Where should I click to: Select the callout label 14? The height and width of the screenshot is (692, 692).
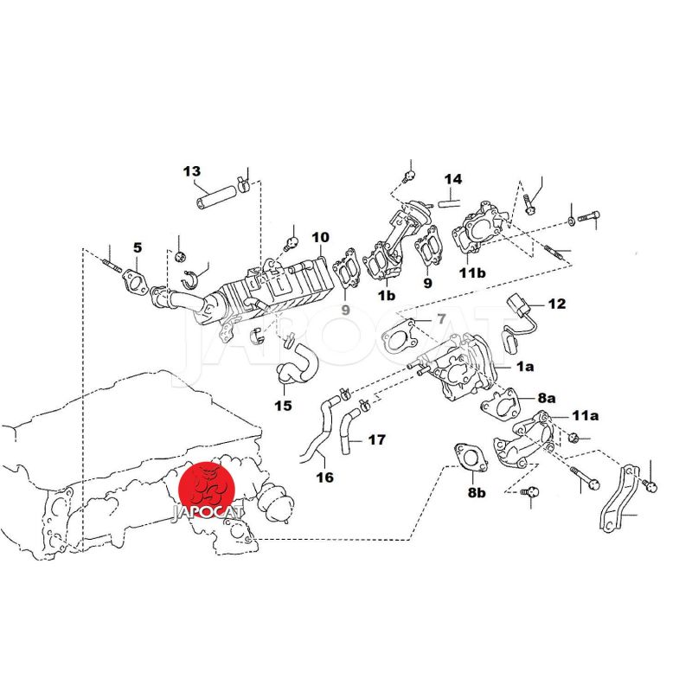[453, 179]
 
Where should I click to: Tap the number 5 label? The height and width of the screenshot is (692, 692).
[137, 247]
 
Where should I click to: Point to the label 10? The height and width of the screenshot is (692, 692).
[321, 237]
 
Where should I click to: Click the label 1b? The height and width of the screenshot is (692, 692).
[386, 295]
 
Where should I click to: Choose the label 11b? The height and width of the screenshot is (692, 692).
[472, 273]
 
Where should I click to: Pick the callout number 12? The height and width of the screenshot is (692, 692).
[555, 304]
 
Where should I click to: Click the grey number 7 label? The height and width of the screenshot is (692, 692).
[440, 319]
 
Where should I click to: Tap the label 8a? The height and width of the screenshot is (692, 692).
[546, 398]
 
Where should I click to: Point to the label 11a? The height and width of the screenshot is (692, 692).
[584, 416]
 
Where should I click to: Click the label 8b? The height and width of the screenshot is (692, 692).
[477, 492]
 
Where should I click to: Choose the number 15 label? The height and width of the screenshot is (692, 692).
[283, 405]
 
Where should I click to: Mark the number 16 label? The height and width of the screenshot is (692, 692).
[324, 476]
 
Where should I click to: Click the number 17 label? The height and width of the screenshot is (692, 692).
[376, 439]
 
